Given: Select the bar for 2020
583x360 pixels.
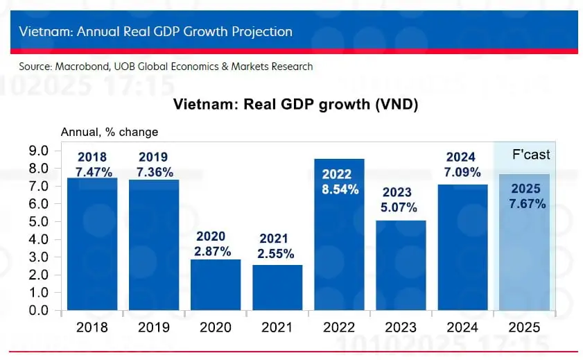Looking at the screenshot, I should (x=216, y=284).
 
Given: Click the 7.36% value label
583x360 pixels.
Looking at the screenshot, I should (x=153, y=172).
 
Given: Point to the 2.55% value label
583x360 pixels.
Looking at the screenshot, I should (x=277, y=254).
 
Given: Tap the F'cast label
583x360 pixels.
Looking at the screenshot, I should (x=531, y=155).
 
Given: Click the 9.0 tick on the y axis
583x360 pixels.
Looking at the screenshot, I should (x=37, y=151).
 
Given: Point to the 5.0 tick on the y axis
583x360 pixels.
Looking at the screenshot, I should (x=37, y=221).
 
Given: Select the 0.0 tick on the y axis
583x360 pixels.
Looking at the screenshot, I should (x=37, y=310).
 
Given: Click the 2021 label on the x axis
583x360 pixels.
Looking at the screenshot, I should (x=277, y=327).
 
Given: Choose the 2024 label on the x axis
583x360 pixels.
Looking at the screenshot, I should (x=462, y=327).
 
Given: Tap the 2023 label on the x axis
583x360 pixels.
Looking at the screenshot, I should (x=401, y=327).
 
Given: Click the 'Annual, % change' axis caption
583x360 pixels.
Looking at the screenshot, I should (x=110, y=132).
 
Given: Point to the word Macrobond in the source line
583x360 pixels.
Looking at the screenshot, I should (x=81, y=67).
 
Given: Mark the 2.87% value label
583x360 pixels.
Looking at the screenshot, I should (x=215, y=252).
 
